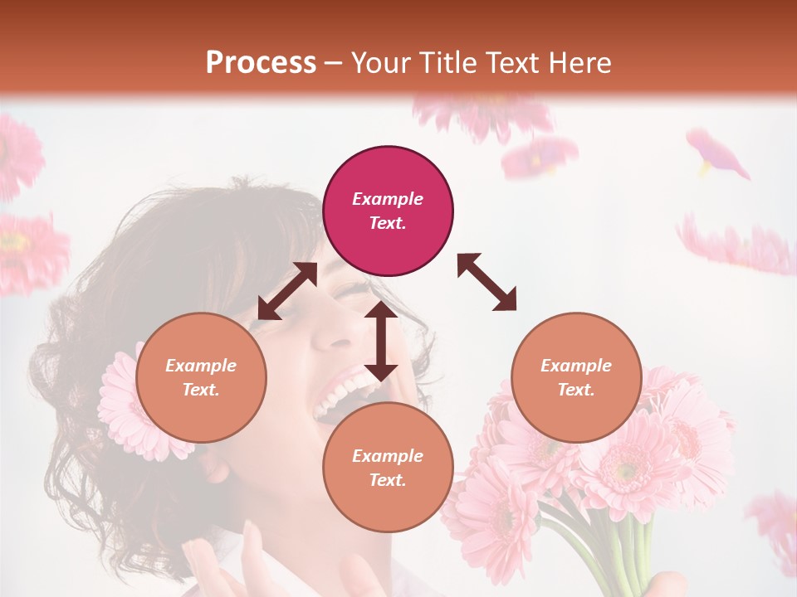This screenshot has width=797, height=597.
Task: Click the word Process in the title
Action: [x=261, y=63]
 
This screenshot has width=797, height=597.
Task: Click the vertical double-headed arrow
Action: [x=381, y=340]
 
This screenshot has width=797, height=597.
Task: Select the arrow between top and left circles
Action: [x=287, y=291]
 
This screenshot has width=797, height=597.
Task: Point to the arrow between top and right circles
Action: [x=487, y=282]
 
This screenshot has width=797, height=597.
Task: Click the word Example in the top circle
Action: [x=388, y=199]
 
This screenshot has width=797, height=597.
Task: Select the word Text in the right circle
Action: [x=575, y=390]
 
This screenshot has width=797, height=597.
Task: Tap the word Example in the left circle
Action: [x=201, y=366]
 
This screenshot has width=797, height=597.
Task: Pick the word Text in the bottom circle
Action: [x=388, y=480]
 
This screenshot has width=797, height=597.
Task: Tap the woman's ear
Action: [x=218, y=469]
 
